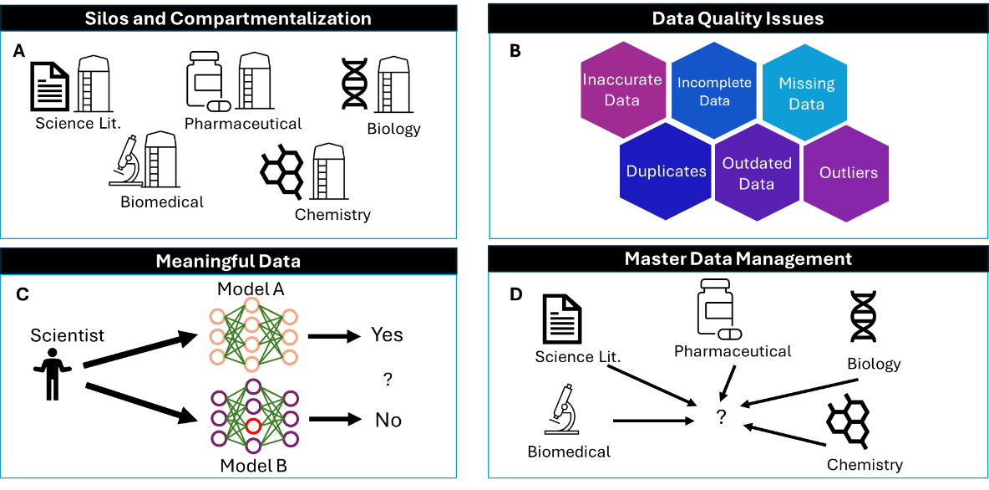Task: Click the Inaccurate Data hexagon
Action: point(622,89)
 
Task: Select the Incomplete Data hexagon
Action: point(714,90)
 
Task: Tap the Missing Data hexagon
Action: point(806,93)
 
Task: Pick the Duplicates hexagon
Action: point(666,171)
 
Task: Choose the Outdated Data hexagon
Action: point(757,173)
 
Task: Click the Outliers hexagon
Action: point(848,173)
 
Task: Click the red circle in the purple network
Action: point(253,426)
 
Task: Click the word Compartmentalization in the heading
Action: point(271,18)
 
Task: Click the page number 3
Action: point(824,467)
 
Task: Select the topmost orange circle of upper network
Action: point(252,304)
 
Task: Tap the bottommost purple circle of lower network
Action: point(253,446)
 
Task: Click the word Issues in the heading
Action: point(797,18)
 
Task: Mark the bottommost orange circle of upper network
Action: point(252,364)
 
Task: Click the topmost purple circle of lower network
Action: point(253,385)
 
